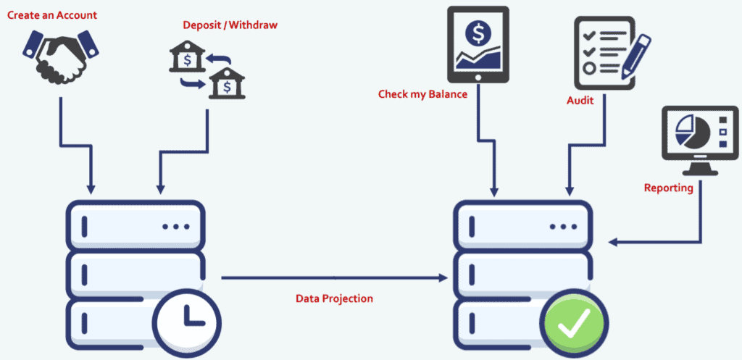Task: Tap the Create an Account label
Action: pyautogui.click(x=52, y=14)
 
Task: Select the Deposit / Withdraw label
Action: pyautogui.click(x=230, y=25)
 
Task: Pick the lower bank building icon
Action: pyautogui.click(x=225, y=85)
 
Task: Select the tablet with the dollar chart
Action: pyautogui.click(x=478, y=44)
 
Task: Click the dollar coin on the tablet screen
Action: pyautogui.click(x=478, y=32)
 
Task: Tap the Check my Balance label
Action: pyautogui.click(x=422, y=94)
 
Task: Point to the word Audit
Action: pyautogui.click(x=580, y=101)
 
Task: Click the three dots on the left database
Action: pyautogui.click(x=175, y=226)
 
